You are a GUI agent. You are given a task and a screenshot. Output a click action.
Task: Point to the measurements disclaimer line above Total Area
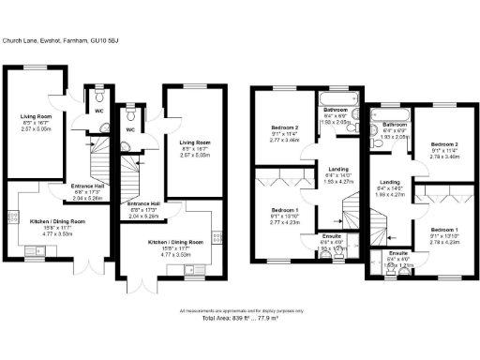click(x=240, y=311)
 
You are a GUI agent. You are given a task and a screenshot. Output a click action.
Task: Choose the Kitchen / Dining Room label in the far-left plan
click(x=58, y=221)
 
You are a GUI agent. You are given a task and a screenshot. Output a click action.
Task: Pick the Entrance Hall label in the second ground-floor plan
click(x=143, y=203)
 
